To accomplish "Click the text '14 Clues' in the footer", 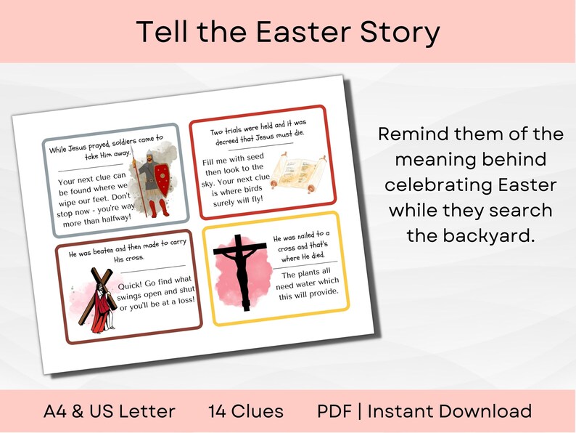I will tap(246, 411).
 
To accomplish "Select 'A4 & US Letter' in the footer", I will tap(110, 411).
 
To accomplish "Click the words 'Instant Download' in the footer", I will tap(449, 411).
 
